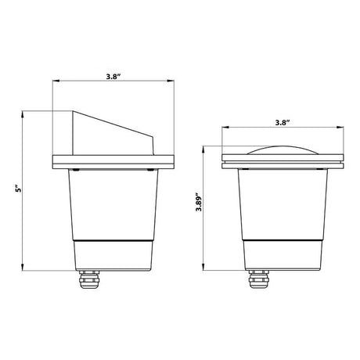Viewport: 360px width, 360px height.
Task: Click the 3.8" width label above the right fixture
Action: point(283,123)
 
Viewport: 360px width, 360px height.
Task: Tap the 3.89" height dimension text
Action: point(199,209)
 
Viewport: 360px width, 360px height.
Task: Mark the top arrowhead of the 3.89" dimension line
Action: point(205,146)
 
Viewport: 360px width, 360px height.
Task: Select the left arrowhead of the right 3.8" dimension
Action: point(225,128)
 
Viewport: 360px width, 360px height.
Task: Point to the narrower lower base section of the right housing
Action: point(283,254)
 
